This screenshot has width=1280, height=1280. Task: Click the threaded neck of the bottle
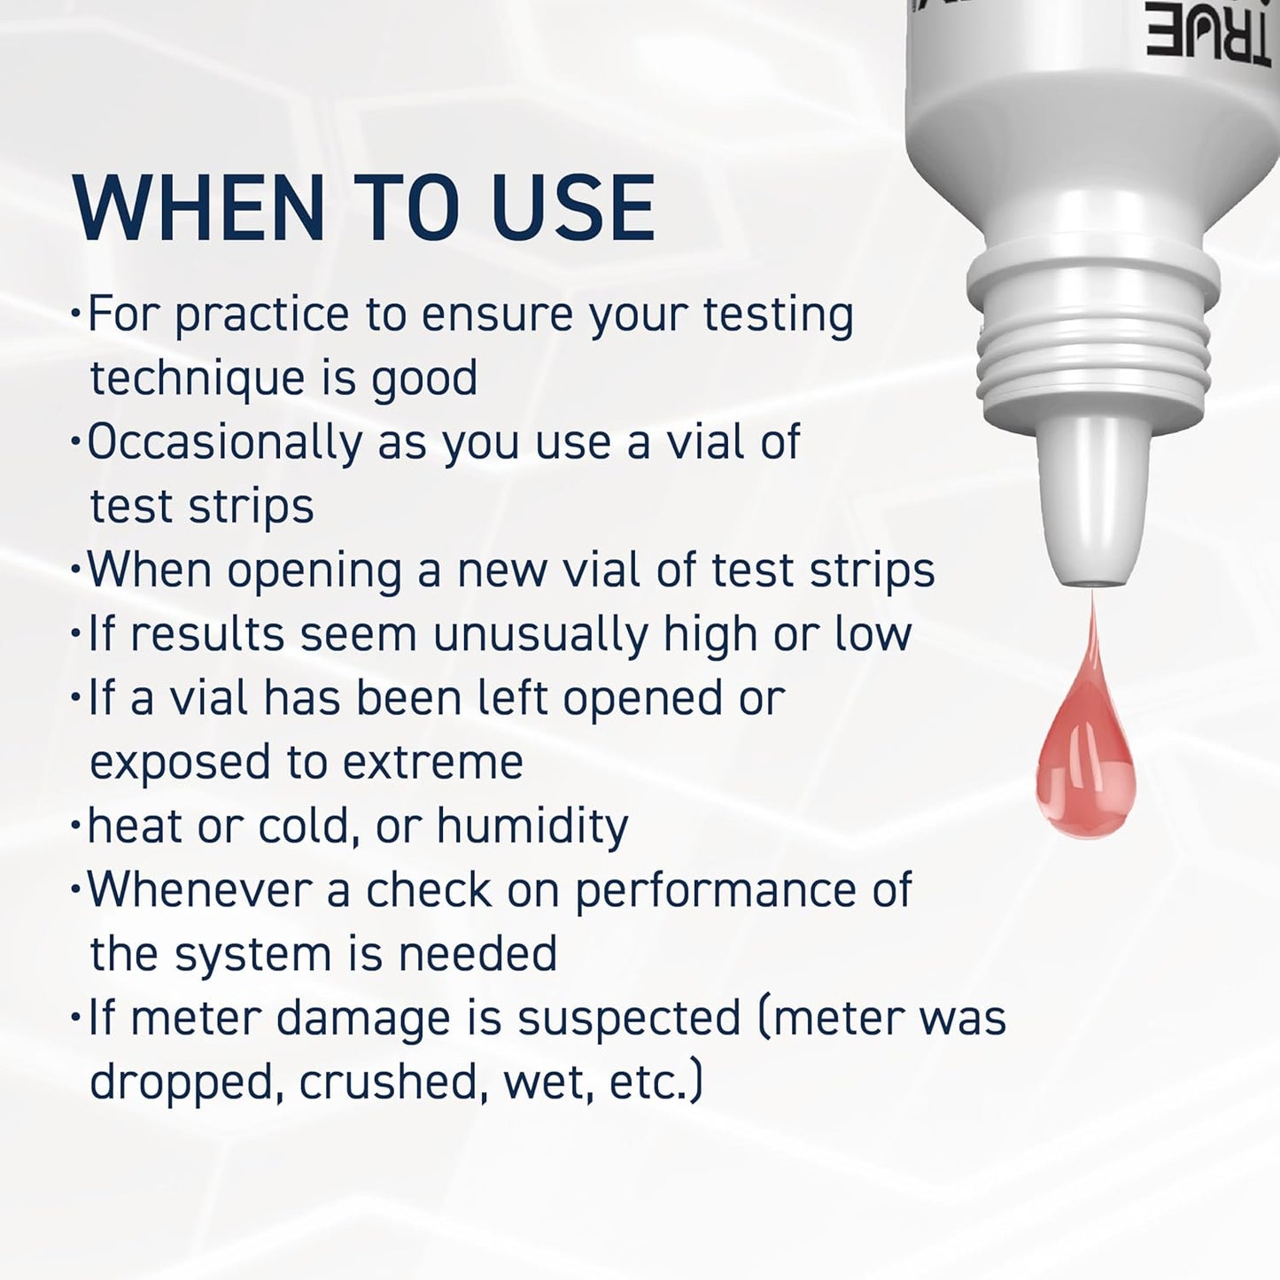(x=1090, y=354)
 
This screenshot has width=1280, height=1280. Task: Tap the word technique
(x=196, y=379)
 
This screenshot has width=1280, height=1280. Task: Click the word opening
(x=314, y=570)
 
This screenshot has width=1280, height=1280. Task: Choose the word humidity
(x=532, y=826)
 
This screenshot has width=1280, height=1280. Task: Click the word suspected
(x=629, y=1020)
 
